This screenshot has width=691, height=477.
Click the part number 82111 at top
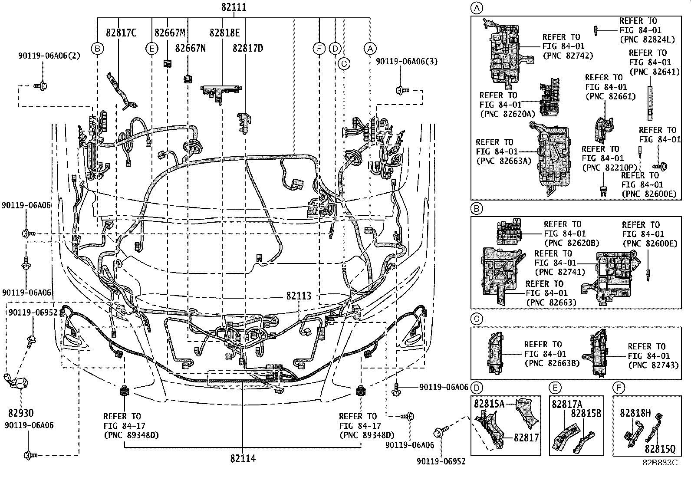click(234, 7)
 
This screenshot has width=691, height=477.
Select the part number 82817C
click(121, 33)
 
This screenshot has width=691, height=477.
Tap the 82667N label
click(190, 48)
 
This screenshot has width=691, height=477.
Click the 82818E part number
click(224, 33)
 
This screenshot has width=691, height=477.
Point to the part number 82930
click(20, 413)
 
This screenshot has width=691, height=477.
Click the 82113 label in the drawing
click(299, 296)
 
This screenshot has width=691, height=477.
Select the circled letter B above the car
click(98, 48)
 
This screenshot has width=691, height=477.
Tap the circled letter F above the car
click(319, 48)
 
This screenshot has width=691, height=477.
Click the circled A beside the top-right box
click(477, 7)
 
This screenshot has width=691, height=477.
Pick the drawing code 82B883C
click(660, 462)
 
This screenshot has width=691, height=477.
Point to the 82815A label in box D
click(489, 404)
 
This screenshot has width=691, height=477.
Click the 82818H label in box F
click(635, 413)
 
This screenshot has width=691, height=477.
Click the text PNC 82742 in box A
click(568, 56)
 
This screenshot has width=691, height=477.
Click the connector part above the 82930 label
click(16, 382)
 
